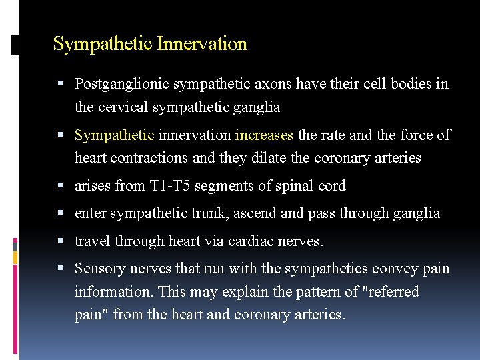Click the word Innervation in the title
pyautogui.click(x=202, y=44)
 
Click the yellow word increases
pyautogui.click(x=264, y=135)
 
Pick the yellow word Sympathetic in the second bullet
pyautogui.click(x=115, y=135)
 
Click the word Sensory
pyautogui.click(x=99, y=269)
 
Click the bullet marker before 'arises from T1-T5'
pyautogui.click(x=61, y=186)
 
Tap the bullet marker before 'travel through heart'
pyautogui.click(x=61, y=241)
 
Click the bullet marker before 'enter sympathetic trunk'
pyautogui.click(x=61, y=213)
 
